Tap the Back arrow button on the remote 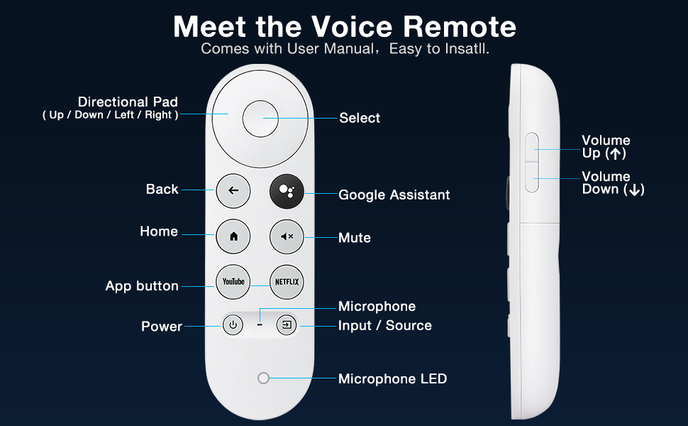pos(233,190)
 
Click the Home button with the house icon pos(233,236)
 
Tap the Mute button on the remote pos(287,236)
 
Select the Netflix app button pos(287,282)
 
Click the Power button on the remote pos(233,325)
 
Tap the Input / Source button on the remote pos(287,325)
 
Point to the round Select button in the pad pos(260,119)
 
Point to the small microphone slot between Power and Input pos(260,324)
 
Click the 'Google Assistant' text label pos(394,195)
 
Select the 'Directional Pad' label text pos(128,102)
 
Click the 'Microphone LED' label pos(392,378)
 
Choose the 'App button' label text pos(142,286)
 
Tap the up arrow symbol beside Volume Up pos(616,153)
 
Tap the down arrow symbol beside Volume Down pos(634,190)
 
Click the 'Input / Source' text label pos(385,325)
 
